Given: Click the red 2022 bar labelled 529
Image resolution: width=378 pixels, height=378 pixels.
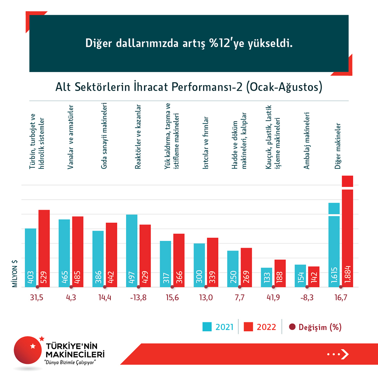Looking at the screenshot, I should (x=44, y=248).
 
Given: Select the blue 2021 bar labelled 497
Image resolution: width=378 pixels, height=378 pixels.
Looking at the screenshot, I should (x=132, y=251).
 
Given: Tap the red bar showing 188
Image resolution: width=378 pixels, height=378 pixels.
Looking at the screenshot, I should (x=280, y=273).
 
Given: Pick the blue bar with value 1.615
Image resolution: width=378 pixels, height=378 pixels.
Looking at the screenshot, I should (x=334, y=245).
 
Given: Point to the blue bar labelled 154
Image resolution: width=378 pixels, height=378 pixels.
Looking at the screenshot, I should (x=300, y=276).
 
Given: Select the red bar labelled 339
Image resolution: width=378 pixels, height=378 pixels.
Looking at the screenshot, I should (x=212, y=262).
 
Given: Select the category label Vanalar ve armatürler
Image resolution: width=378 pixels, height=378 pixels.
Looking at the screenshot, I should (x=70, y=137).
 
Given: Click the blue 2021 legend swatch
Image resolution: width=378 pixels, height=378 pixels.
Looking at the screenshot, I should (x=207, y=327).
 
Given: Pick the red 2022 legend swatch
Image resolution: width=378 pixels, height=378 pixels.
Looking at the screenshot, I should (x=248, y=327).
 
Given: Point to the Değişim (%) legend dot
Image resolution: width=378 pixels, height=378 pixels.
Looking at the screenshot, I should (x=292, y=327).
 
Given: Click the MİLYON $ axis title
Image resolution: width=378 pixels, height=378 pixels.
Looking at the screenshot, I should (x=15, y=273).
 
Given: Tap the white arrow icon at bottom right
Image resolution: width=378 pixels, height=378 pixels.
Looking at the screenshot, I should (x=345, y=354).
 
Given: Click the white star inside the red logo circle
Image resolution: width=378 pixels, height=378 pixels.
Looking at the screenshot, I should (x=33, y=346).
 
